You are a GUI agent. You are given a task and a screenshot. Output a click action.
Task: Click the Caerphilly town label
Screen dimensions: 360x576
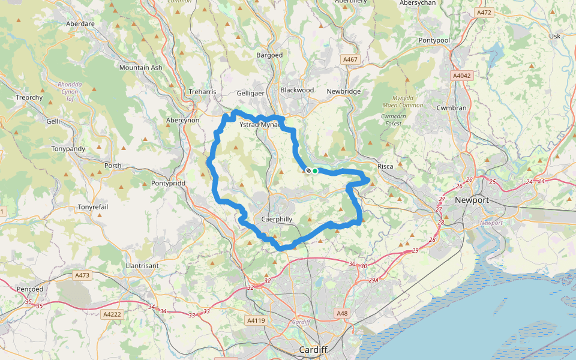[277, 220]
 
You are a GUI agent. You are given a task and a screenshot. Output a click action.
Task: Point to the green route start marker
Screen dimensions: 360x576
[315, 171]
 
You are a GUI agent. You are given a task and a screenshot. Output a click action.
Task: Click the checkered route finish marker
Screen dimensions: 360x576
[308, 171]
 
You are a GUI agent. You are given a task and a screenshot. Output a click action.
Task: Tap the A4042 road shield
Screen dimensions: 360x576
[463, 76]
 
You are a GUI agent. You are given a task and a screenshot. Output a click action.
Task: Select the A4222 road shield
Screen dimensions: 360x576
[112, 314]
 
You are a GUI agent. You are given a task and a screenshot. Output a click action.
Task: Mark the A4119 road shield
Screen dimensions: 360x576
[256, 321]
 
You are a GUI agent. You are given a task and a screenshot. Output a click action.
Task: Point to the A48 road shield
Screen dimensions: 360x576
[342, 313]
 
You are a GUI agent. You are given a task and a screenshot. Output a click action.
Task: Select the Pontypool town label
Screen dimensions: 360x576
[434, 40]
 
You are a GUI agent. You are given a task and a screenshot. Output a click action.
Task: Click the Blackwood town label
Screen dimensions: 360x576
[297, 90]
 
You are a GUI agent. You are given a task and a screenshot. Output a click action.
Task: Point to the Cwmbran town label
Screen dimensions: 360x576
[452, 108]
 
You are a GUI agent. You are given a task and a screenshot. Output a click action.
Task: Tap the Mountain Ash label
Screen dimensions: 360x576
[140, 68]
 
